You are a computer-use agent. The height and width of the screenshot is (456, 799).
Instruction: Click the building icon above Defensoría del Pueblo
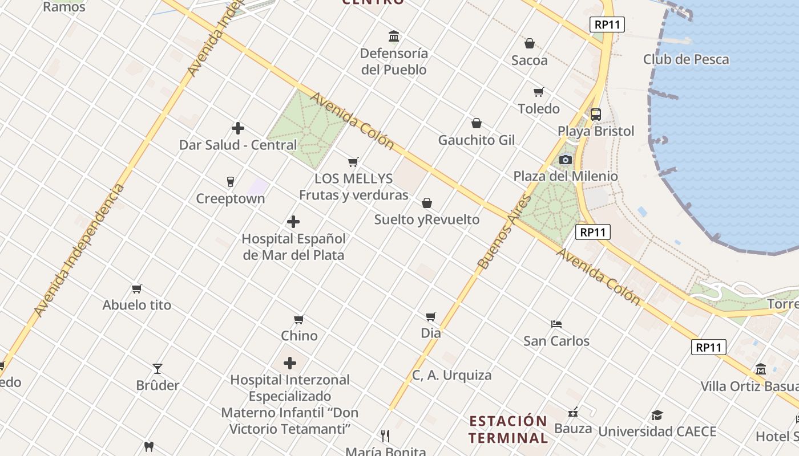(394, 36)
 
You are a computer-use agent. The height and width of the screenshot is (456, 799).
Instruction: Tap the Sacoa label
(529, 60)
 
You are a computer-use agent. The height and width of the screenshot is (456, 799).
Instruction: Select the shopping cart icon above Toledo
(538, 92)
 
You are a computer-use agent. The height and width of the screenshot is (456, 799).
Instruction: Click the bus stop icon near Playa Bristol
(596, 114)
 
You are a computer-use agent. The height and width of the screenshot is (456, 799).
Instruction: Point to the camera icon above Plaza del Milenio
(566, 160)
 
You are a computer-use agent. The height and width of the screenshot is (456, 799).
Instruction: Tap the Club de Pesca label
(685, 59)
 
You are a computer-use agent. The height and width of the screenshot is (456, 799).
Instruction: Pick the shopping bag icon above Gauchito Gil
(477, 123)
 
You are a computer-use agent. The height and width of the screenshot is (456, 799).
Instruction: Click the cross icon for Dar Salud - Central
(238, 128)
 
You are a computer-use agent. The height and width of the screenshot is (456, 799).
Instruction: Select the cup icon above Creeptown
(231, 182)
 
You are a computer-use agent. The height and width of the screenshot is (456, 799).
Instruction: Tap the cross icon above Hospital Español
(293, 222)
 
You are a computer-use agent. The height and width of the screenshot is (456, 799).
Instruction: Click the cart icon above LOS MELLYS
(353, 162)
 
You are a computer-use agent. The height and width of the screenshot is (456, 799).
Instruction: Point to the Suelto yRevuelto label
(427, 219)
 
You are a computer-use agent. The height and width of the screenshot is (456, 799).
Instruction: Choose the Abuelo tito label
(137, 305)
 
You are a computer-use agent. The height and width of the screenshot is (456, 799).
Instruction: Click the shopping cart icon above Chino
(299, 319)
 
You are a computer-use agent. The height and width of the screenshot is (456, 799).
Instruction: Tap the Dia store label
(431, 332)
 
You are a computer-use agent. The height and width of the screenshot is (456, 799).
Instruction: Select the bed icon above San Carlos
(556, 324)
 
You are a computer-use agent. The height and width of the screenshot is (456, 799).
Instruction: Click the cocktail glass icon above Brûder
(158, 369)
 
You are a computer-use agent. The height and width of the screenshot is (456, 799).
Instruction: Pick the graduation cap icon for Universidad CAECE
(657, 415)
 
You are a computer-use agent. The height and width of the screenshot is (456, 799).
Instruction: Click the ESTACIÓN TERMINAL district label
(509, 429)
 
